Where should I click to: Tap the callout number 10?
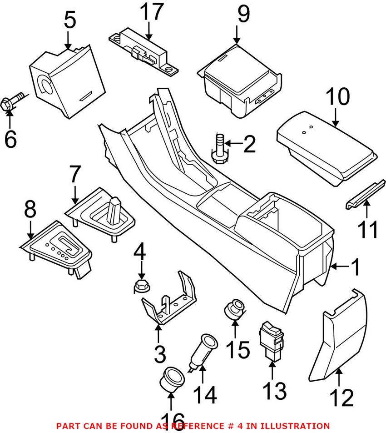point(337,96)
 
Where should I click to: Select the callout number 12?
point(341,398)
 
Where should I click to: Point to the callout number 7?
point(75,174)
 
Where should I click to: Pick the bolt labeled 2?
point(220,150)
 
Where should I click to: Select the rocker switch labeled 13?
point(271,342)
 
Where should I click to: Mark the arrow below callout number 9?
point(237,35)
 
